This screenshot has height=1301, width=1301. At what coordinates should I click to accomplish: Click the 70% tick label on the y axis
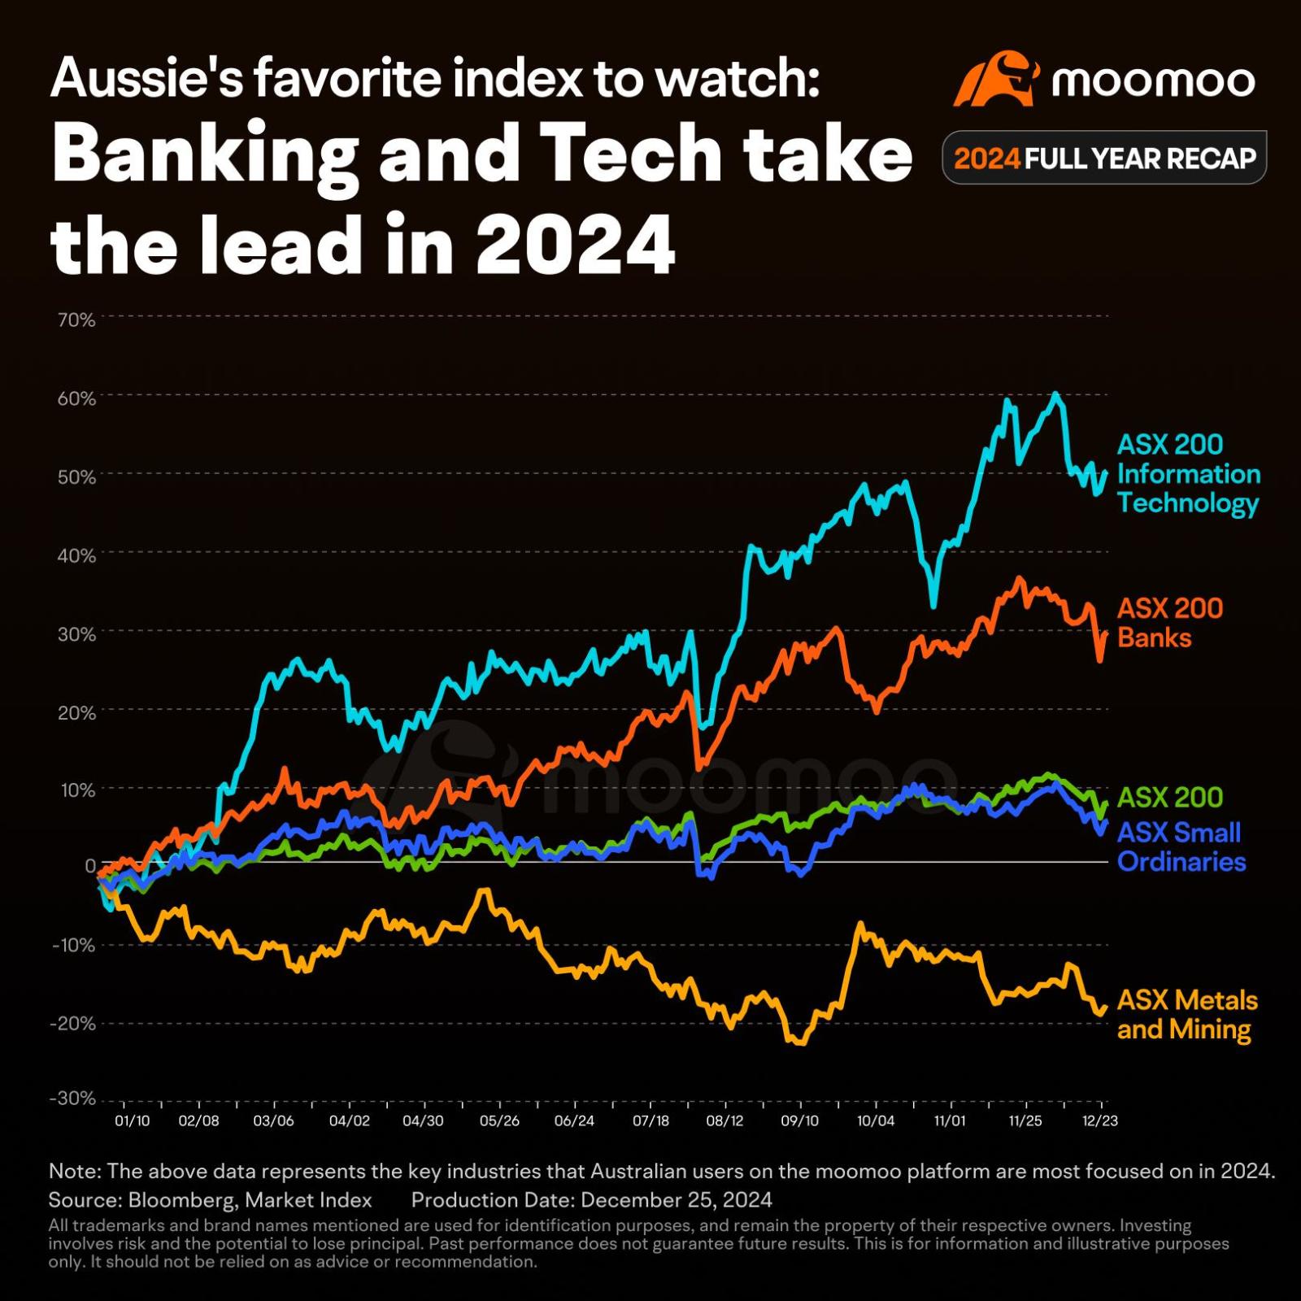pos(76,320)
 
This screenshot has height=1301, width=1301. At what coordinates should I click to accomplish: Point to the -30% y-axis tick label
pos(73,1099)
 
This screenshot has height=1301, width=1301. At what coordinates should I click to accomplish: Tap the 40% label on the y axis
pos(76,556)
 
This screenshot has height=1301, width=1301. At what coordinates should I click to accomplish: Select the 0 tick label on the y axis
pos(90,866)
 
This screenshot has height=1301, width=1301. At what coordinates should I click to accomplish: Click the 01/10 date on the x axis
pos(132,1120)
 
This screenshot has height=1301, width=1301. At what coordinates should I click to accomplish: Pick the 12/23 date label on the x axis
pos(1099,1120)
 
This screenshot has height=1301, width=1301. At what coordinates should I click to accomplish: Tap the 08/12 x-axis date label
pos(724,1120)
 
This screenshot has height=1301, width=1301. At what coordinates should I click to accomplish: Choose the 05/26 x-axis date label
pos(499,1120)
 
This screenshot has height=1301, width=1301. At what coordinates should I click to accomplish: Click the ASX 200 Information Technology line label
pos(1187,473)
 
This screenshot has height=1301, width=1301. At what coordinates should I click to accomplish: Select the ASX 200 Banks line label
pos(1169,623)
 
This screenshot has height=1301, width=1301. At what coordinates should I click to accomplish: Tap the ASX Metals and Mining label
pos(1186,1015)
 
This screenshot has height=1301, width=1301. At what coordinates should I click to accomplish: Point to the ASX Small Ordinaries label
pos(1181,846)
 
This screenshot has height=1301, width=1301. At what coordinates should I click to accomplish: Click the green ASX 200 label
pos(1169,798)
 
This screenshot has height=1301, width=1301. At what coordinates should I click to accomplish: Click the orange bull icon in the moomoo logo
pos(996,79)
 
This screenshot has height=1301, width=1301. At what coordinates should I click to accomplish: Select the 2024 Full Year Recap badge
pos(1103,158)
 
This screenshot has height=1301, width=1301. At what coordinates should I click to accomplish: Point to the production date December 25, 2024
pos(677,1200)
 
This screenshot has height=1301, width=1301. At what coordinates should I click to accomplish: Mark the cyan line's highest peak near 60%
pos(1055,394)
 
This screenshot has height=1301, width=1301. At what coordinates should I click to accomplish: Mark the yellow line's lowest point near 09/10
pos(800,1043)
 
